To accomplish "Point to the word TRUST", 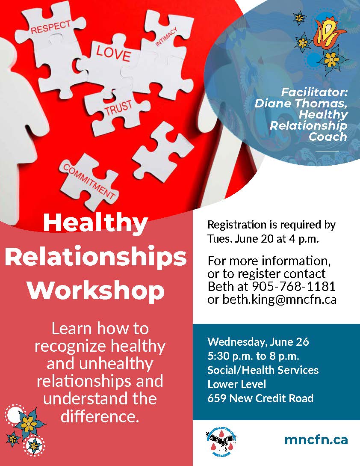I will tap(118, 105).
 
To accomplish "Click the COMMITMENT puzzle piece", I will tap(89, 180).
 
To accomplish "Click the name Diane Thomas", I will tap(301, 104).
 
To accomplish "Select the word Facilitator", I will tap(315, 92).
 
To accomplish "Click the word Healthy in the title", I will tap(95, 224).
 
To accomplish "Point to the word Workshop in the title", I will tap(96, 291).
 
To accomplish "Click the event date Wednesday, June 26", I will tap(258, 342).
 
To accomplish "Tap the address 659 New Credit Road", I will tap(260, 398).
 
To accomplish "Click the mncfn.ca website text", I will tap(316, 439).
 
